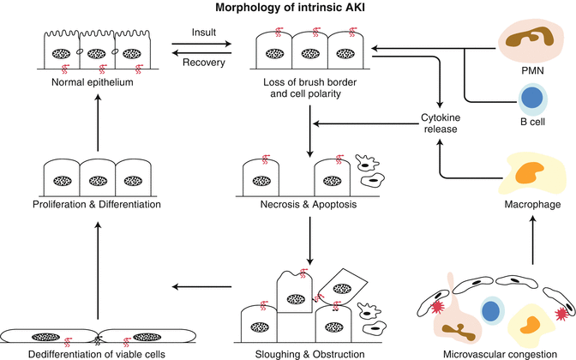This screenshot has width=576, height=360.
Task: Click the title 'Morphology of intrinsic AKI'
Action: click(x=288, y=8)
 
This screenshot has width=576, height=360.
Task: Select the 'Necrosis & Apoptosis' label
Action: click(x=308, y=206)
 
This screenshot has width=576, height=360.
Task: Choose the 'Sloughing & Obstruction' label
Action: click(x=308, y=353)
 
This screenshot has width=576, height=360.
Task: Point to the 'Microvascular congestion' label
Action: click(x=491, y=353)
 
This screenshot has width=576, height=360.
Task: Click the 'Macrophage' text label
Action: click(x=532, y=206)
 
